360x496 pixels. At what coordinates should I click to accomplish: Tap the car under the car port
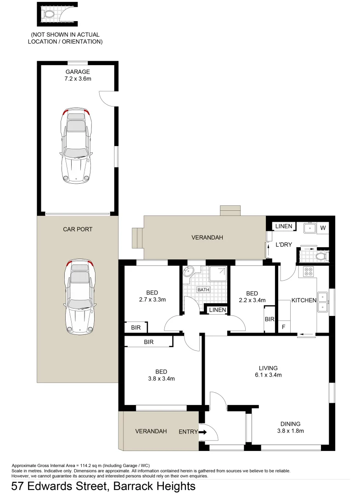coord(80,297)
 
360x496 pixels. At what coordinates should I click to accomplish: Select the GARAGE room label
coord(78,72)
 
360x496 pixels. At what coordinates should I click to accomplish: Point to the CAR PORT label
coord(78,229)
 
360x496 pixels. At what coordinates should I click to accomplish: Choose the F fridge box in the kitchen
coord(283,327)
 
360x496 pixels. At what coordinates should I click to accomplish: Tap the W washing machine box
coord(323,227)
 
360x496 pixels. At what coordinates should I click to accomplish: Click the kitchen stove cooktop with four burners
coord(307,272)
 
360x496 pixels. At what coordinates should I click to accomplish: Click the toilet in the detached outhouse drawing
coord(49,14)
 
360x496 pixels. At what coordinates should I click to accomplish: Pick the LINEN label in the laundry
coord(284,226)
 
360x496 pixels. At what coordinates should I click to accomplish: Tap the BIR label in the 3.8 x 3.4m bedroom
coord(148,342)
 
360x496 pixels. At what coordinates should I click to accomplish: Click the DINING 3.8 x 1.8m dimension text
coord(291,431)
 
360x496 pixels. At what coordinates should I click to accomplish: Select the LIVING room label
coord(268,368)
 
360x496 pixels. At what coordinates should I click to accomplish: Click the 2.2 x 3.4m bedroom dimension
coord(252,300)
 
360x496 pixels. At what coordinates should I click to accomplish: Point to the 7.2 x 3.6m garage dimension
coord(78,79)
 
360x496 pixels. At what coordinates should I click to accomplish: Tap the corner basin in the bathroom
coord(188,273)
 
